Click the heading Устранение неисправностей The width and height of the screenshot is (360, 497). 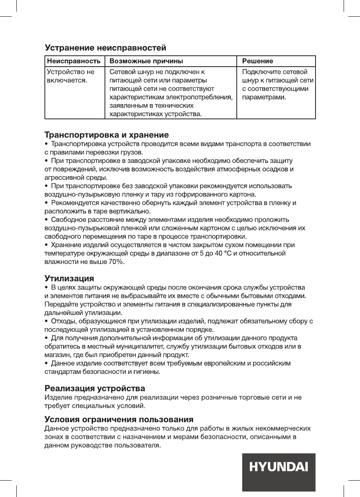(x=106, y=48)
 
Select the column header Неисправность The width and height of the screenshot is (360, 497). (x=74, y=61)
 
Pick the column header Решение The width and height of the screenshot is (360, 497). (x=257, y=61)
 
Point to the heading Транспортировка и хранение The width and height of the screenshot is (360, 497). (x=106, y=135)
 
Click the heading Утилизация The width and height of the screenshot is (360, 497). (x=69, y=279)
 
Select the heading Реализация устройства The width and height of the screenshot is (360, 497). (x=95, y=389)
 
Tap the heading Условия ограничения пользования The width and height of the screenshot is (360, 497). (x=119, y=420)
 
